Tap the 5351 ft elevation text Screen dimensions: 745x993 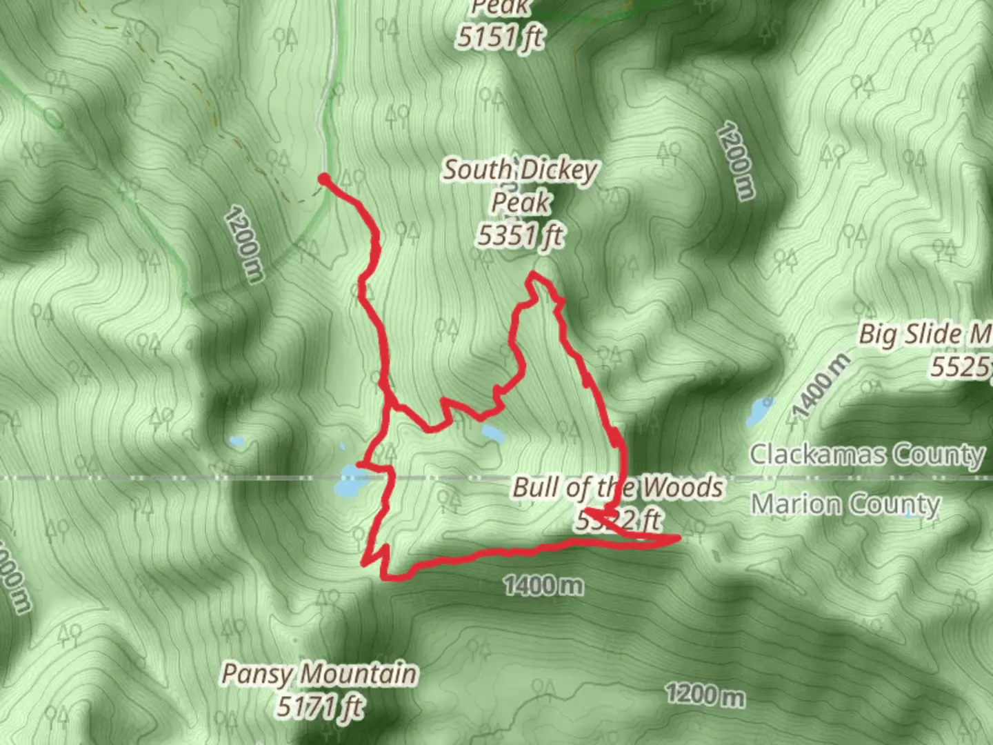point(519,236)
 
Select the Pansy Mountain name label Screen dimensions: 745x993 point(319,673)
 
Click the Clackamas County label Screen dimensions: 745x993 point(867,455)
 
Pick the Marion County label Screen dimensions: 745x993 point(845,504)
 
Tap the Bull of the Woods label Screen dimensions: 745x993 point(617,488)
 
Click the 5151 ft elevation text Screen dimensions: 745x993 point(500,37)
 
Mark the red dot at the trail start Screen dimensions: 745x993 point(323,180)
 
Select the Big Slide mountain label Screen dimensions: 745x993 point(924,335)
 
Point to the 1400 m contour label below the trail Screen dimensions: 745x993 point(543,586)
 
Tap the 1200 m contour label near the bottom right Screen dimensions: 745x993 point(705,694)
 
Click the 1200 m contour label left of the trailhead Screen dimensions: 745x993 point(244,244)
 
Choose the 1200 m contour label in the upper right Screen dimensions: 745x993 point(736,160)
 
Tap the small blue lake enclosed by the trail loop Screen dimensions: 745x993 point(492,433)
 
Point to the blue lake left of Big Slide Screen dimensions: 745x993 point(759,413)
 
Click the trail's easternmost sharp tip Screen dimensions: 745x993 point(679,537)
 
